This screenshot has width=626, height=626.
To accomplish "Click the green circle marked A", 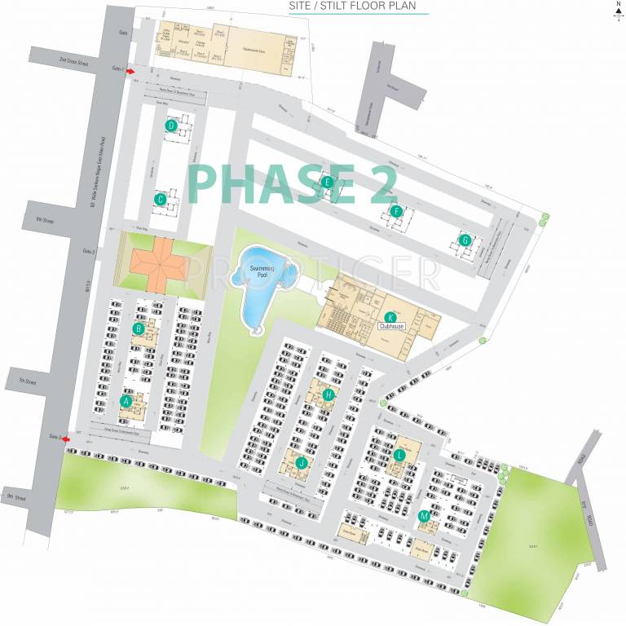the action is [x=126, y=401].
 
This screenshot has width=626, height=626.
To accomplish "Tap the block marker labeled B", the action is [x=139, y=328].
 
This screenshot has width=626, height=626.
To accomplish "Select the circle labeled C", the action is [x=161, y=198].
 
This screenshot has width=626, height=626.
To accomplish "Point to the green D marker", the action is [x=171, y=126].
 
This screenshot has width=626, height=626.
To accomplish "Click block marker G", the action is [x=465, y=240].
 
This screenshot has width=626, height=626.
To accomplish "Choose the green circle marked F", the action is [x=397, y=212].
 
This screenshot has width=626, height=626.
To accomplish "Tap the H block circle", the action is [x=328, y=395].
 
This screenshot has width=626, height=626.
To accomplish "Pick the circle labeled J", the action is [x=302, y=462].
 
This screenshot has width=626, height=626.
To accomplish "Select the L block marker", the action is [x=399, y=455].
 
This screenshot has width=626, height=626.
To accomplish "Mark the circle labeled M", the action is [x=424, y=516].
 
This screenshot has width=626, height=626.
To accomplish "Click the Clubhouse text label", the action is [x=391, y=326].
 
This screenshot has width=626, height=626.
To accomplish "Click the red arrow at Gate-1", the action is [x=130, y=72].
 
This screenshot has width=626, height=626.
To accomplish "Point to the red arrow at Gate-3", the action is [x=66, y=439].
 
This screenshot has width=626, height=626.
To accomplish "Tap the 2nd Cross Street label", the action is [x=69, y=60].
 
